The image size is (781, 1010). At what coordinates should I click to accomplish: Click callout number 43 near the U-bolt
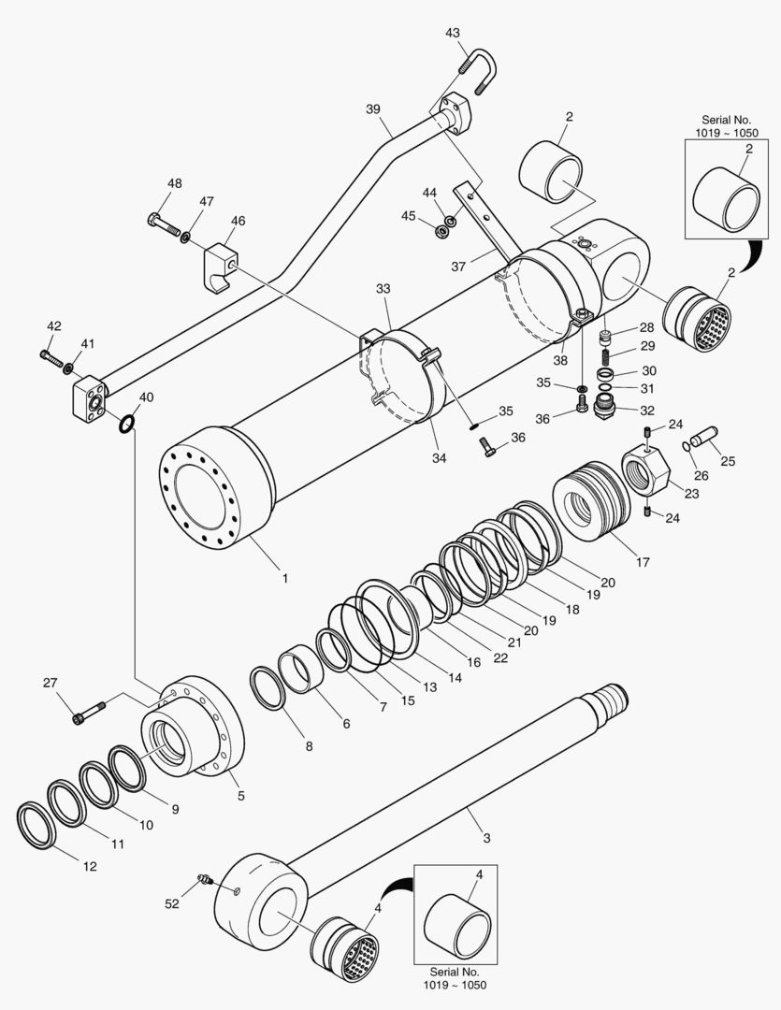point(453,33)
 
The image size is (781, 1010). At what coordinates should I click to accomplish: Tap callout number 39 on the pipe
point(373,108)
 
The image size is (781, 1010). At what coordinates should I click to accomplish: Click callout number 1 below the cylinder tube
point(284,578)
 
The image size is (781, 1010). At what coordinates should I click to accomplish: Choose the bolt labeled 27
point(87,713)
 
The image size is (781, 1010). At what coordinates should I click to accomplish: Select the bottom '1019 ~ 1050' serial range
point(455,986)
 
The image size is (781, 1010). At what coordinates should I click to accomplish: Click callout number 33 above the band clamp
point(383,289)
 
